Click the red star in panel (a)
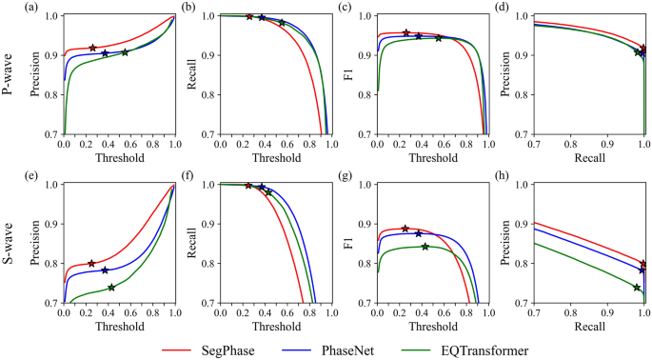[92, 48]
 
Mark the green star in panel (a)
[125, 51]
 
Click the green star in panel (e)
[111, 287]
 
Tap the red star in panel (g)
[405, 229]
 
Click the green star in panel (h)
[638, 287]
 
